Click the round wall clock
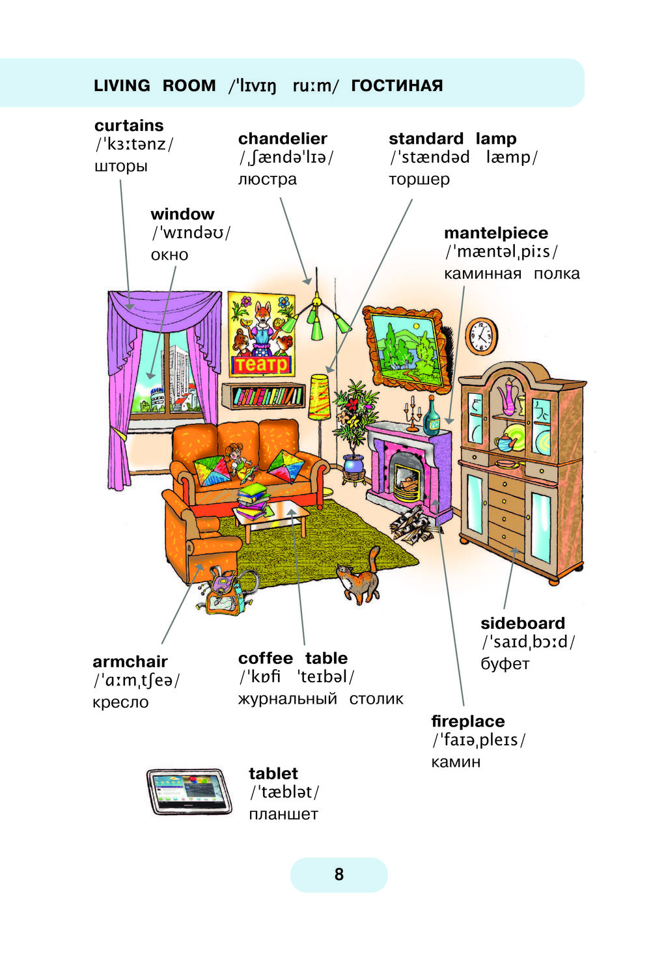tap(481, 336)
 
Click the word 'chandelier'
tap(283, 139)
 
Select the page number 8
tap(339, 874)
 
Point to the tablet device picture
tap(189, 791)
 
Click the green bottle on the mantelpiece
tap(432, 417)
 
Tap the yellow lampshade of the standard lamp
tap(320, 396)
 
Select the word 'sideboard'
tap(523, 623)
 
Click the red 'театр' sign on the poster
tap(261, 365)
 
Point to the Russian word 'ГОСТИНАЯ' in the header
tap(397, 86)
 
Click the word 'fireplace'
tap(468, 721)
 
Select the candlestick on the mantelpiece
tap(412, 417)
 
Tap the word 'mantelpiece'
tap(496, 233)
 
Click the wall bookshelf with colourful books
tap(264, 396)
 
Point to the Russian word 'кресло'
tap(120, 702)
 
